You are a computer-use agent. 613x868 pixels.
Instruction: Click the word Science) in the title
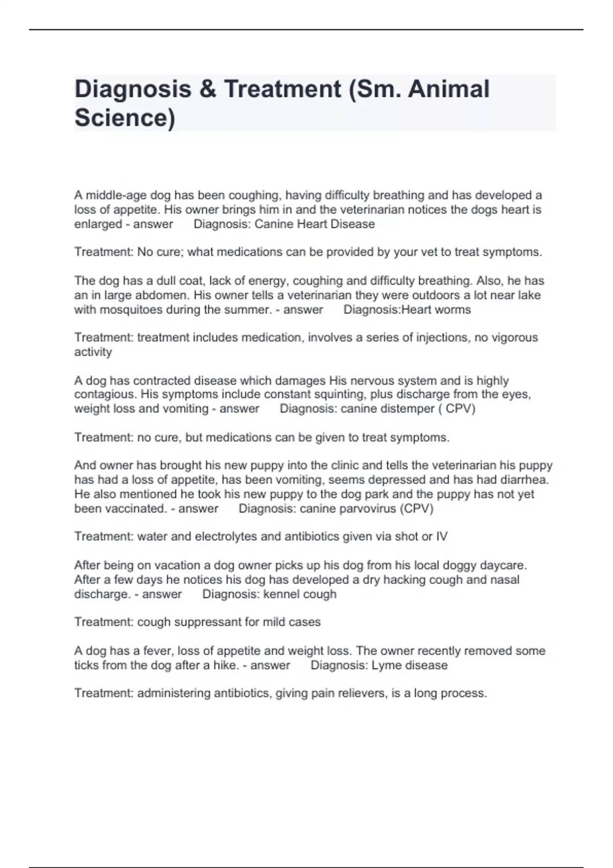(125, 118)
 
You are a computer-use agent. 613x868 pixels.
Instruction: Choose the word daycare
(503, 566)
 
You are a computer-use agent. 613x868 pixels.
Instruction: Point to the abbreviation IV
(441, 537)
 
